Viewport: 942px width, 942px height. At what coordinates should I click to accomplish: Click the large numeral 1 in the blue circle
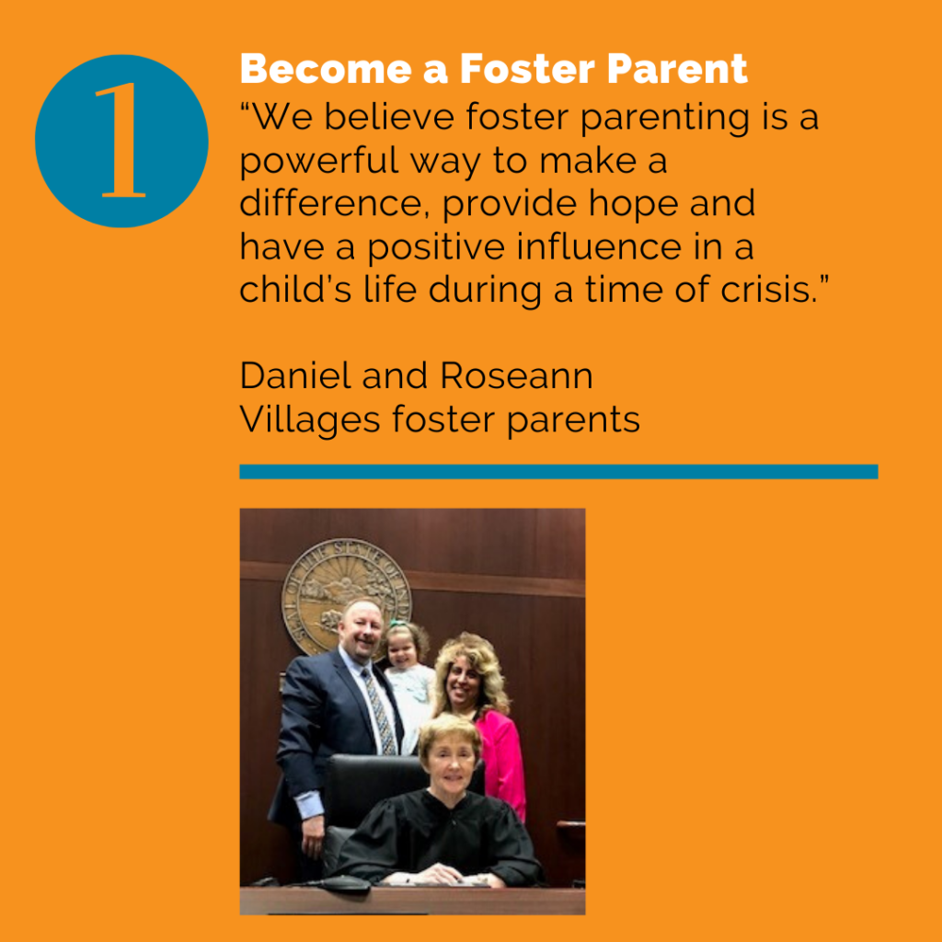tap(122, 141)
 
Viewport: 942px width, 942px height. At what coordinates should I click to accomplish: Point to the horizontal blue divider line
tap(558, 472)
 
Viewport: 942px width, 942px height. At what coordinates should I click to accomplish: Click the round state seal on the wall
tap(345, 593)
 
